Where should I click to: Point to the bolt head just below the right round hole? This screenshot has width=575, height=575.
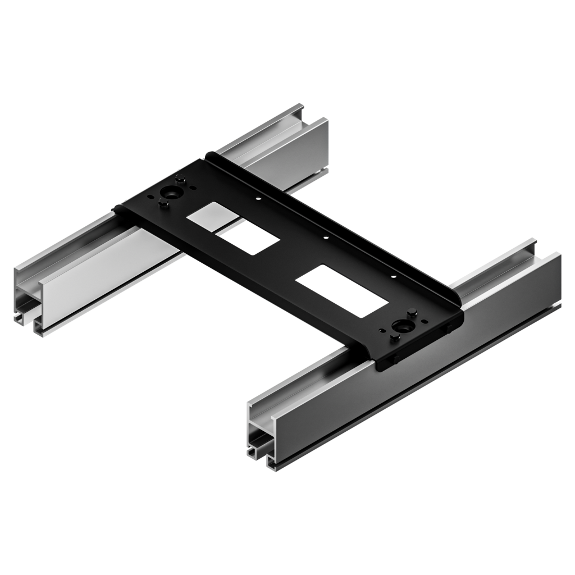(395, 337)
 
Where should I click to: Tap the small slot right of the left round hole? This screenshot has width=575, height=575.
(193, 188)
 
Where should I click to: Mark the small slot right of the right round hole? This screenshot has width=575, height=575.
(425, 321)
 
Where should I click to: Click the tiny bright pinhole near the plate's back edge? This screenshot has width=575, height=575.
(258, 198)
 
